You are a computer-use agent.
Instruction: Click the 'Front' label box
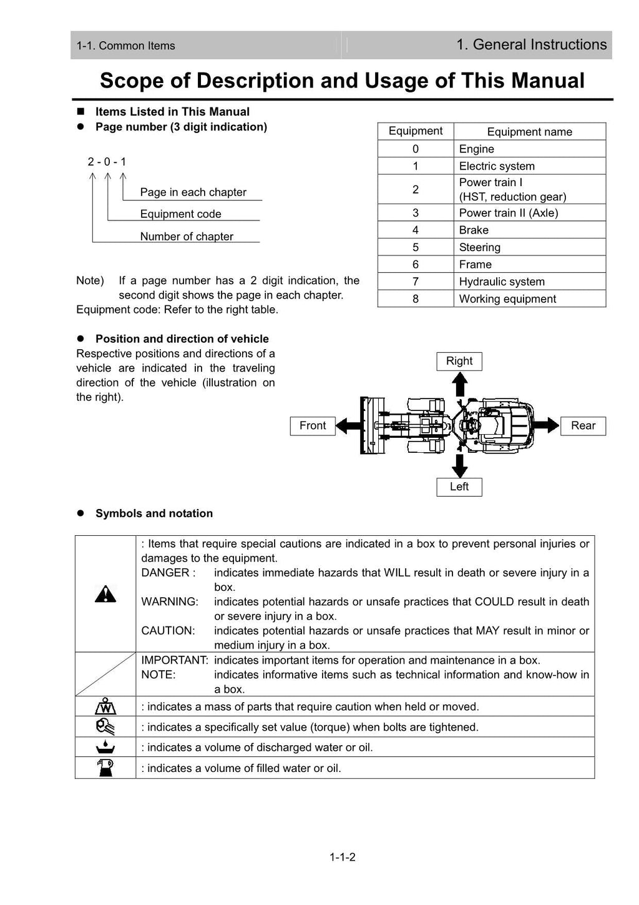tap(313, 426)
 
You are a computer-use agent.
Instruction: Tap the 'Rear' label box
tap(583, 426)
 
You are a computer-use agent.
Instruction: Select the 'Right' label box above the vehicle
tap(459, 361)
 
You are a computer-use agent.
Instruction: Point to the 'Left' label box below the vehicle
tap(459, 487)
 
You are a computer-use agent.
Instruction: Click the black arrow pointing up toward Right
tap(460, 383)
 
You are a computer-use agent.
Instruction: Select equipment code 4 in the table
tap(416, 230)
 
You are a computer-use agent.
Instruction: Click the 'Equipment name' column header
tap(529, 132)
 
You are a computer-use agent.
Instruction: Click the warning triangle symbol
tap(105, 594)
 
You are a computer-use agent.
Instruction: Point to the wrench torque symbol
tap(105, 727)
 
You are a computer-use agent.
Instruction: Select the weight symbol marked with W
tap(105, 706)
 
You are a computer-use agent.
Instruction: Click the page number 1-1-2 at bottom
tap(343, 857)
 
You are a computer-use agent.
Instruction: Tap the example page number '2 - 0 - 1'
tap(107, 162)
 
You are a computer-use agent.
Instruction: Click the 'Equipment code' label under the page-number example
tap(180, 214)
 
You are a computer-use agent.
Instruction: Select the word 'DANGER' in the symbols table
tap(165, 573)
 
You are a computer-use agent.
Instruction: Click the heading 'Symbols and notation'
tap(154, 513)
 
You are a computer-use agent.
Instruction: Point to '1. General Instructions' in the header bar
tap(531, 45)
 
